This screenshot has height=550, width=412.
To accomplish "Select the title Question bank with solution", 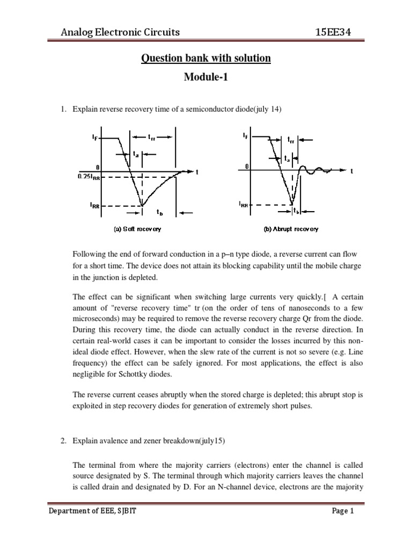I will [x=205, y=57].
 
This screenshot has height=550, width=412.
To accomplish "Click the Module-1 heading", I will [x=205, y=77].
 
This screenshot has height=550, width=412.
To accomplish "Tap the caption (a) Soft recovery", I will [x=137, y=229].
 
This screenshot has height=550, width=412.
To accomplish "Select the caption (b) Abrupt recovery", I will [x=291, y=229].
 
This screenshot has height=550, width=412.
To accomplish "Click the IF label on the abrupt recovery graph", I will [x=246, y=136].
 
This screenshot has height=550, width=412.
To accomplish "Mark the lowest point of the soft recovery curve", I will [x=142, y=205].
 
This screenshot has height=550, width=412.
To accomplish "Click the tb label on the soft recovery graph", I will [x=160, y=213].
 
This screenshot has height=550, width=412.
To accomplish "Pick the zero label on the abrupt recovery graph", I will [x=246, y=167].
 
